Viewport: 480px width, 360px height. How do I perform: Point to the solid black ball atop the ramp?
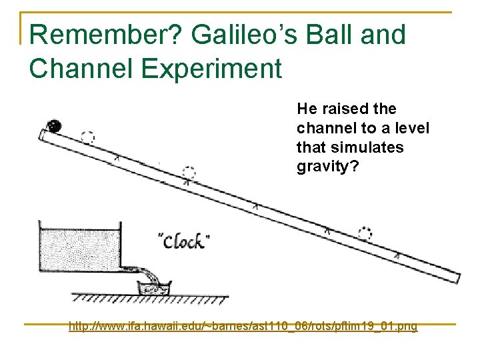pos(53,125)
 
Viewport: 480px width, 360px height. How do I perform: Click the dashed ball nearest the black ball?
pos(87,137)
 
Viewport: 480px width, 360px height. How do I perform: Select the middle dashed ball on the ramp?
pos(189,172)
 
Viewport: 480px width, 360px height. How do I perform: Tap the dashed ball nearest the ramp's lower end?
pos(365,233)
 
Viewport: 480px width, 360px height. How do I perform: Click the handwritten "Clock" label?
pos(181,241)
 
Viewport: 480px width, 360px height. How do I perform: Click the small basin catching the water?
pos(154,288)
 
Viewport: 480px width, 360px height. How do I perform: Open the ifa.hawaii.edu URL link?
pos(243,326)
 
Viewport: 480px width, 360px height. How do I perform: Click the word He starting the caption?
pos(306,109)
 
